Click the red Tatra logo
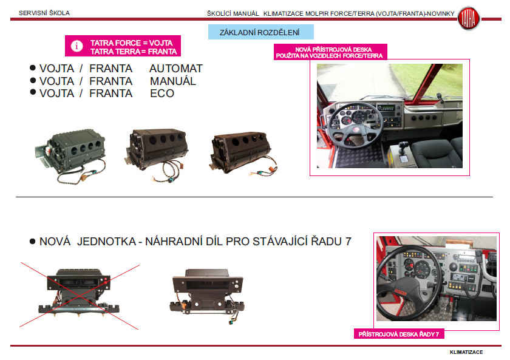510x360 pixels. [468, 18]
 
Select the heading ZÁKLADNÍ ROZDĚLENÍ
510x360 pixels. [259, 33]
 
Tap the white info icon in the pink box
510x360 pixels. [76, 46]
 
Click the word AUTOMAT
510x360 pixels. [176, 69]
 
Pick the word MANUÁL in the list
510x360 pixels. [173, 81]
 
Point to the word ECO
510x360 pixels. [162, 93]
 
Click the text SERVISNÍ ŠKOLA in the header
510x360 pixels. [44, 13]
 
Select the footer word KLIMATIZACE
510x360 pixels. [466, 352]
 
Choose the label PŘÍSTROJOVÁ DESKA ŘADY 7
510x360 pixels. [398, 334]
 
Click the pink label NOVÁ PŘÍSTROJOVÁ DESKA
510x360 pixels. [330, 52]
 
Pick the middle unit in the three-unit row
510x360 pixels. [157, 154]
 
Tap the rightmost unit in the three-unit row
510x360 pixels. [243, 153]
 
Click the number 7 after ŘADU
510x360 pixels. [348, 242]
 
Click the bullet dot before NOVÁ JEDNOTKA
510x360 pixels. [32, 241]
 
